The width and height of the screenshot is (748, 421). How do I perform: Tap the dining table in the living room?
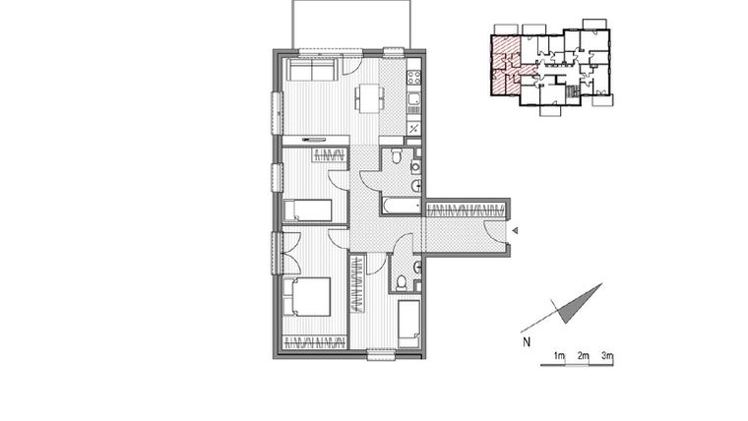370,97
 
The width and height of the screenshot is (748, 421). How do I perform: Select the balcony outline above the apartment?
336,24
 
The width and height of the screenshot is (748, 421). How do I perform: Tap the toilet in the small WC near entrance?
402,282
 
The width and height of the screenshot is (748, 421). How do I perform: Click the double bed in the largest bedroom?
308,295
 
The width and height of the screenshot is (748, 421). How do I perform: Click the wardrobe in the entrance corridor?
467,208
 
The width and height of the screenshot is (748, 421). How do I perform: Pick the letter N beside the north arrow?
528,342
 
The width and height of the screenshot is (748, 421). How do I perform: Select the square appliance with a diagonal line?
414,128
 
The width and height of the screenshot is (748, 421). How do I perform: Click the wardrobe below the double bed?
314,341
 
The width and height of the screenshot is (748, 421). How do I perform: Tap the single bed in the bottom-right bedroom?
409,322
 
